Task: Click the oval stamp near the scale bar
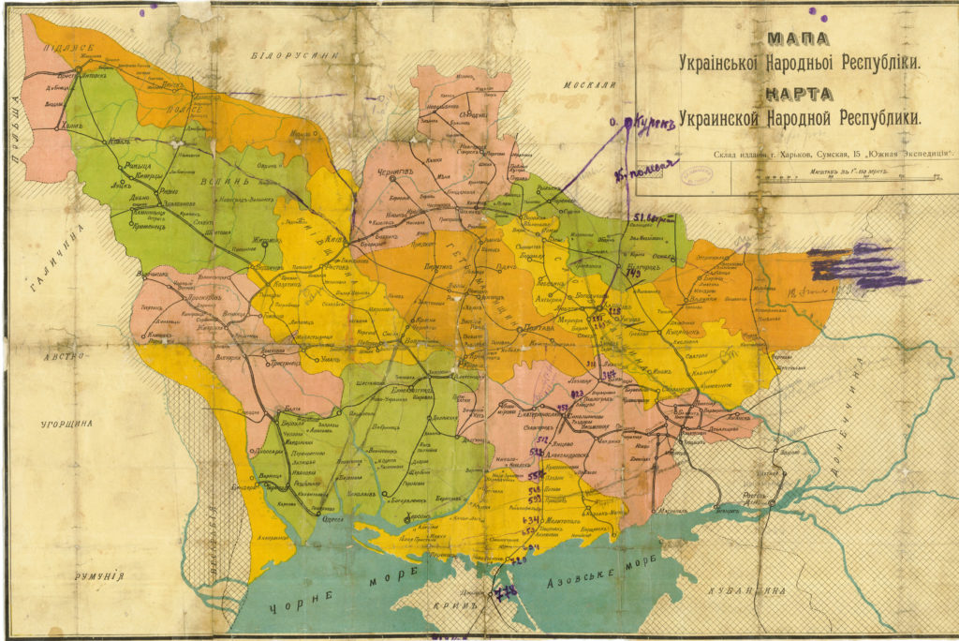coord(697,174)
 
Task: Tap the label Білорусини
coord(293,55)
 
